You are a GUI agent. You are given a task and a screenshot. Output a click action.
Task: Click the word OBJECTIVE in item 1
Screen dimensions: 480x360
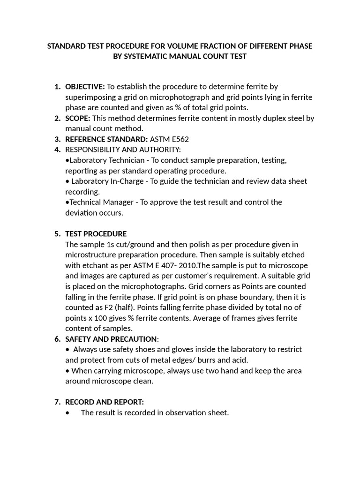tap(85, 87)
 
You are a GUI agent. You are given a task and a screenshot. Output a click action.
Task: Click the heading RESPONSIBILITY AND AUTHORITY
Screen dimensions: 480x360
tap(123, 150)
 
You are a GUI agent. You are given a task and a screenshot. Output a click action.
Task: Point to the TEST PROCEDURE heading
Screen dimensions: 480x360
tap(96, 234)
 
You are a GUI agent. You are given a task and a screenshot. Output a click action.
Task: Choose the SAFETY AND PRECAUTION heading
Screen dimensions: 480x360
tap(111, 339)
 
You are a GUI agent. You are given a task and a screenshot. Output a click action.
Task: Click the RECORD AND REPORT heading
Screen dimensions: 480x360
tap(104, 402)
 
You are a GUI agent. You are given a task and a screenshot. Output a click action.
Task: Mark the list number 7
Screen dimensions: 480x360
tap(58, 402)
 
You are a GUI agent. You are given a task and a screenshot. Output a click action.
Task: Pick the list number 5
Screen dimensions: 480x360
tap(58, 234)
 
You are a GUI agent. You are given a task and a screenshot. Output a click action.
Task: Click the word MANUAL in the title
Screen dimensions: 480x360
tap(190, 57)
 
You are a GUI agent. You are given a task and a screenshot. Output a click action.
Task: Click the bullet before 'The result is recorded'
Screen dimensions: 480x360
tap(69, 413)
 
